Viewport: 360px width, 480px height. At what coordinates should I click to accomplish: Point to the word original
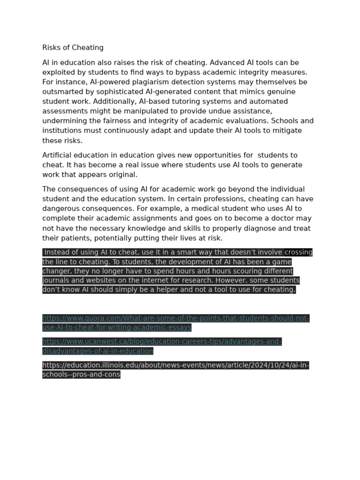[123, 174]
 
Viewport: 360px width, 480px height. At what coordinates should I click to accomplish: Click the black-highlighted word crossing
[298, 252]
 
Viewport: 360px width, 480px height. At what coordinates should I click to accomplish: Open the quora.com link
[176, 318]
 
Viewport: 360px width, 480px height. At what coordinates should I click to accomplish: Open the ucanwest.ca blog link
[162, 342]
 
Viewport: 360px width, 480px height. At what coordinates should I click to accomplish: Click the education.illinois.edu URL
[175, 365]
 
